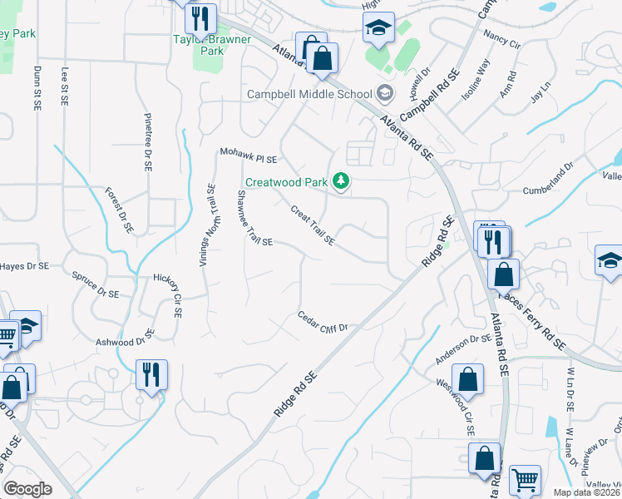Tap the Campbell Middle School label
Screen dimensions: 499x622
coord(309,94)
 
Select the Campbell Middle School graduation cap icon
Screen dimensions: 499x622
coord(384,92)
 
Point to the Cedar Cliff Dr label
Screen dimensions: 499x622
coord(322,321)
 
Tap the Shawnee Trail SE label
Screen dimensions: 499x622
coord(254,218)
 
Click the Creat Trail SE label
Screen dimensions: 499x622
coord(313,225)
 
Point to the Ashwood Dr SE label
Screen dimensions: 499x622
coord(126,338)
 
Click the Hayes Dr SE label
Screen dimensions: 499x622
coord(25,266)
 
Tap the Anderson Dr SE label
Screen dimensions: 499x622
coord(463,348)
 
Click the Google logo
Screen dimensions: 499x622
coord(28,489)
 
